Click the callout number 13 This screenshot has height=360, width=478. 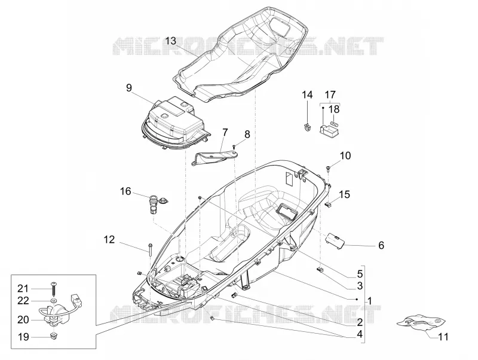[x=171, y=41]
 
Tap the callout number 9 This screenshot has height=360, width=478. [x=129, y=88]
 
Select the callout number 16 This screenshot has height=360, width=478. [x=125, y=191]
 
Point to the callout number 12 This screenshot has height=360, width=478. [x=109, y=239]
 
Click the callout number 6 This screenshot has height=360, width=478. [x=381, y=245]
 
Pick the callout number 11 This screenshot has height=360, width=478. [x=443, y=337]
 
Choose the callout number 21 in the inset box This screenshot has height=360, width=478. [x=23, y=288]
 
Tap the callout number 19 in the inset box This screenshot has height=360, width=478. [x=23, y=337]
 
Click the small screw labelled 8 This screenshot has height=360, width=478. [x=234, y=147]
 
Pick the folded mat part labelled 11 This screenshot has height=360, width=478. [x=421, y=324]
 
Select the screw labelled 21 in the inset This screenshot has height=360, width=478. [x=54, y=288]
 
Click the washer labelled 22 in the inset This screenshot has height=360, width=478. [x=54, y=301]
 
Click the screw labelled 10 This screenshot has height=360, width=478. [x=328, y=168]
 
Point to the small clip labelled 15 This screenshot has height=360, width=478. [x=328, y=204]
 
